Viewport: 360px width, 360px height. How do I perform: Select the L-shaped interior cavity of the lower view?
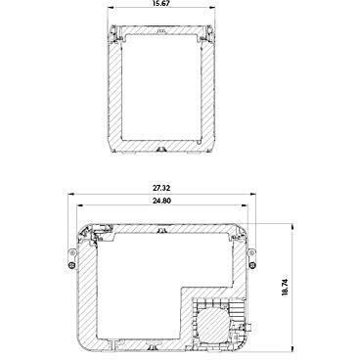coord(137,284)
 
